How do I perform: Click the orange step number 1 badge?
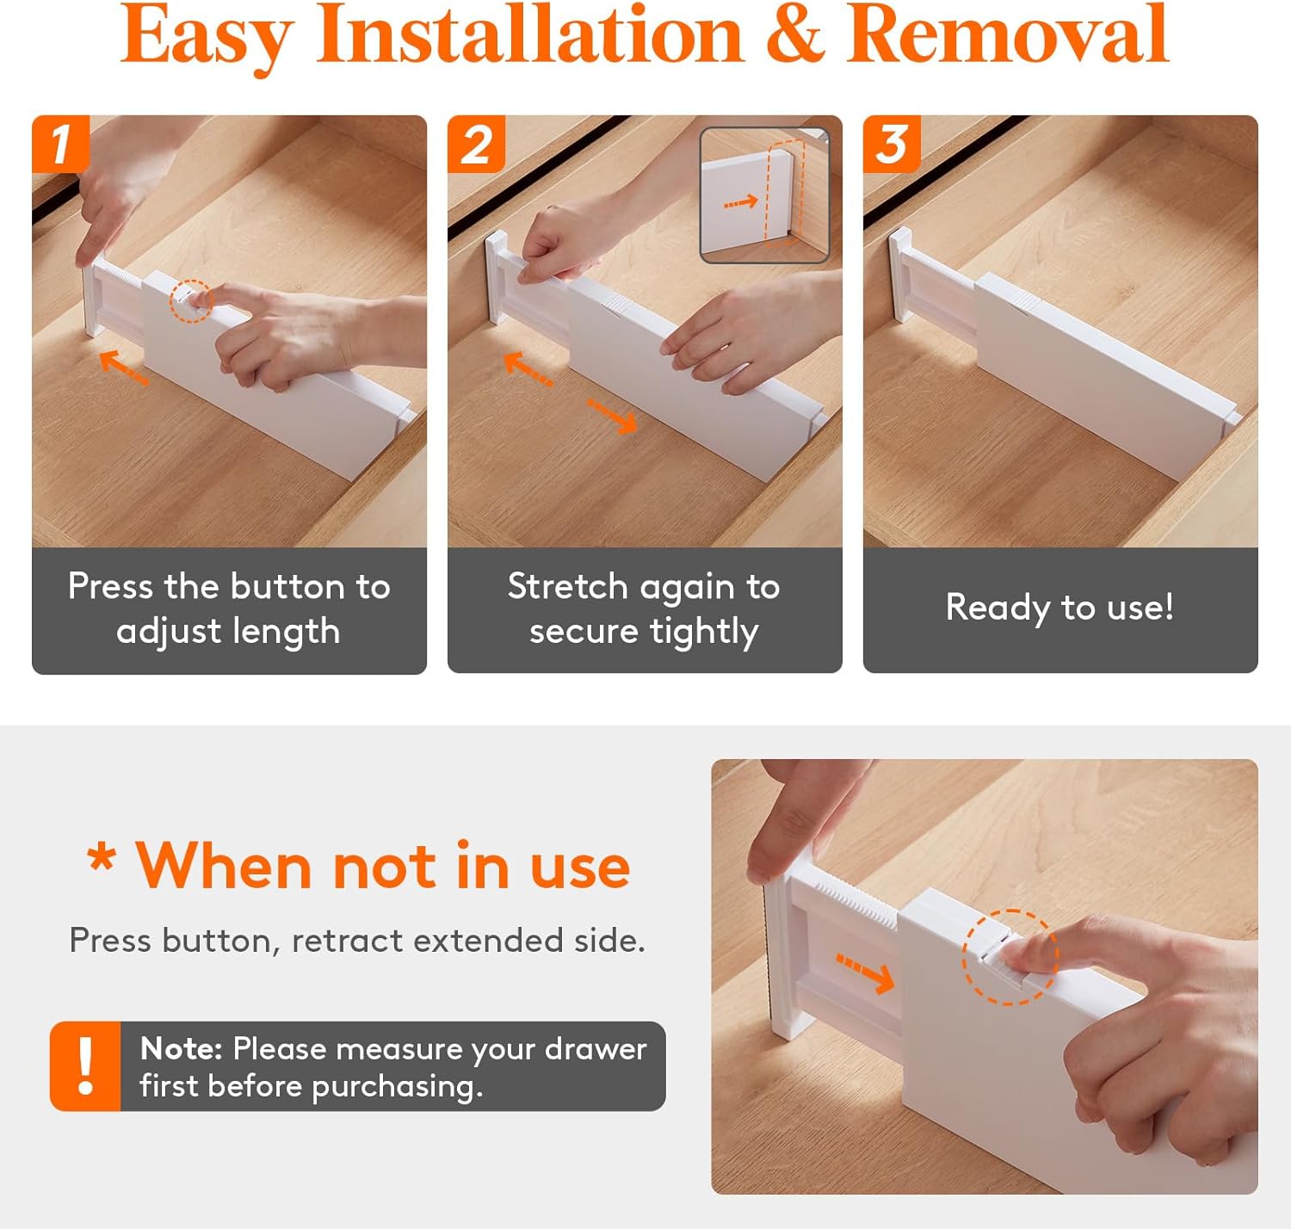click(60, 144)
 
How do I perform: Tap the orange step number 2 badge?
click(476, 144)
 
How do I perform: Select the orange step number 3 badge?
click(892, 144)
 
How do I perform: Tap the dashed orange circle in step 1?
click(191, 301)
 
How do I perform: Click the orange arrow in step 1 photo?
click(123, 367)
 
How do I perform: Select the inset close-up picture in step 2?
click(764, 195)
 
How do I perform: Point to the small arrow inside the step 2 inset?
click(741, 202)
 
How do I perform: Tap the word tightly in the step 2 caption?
click(704, 632)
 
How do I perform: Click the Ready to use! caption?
click(1059, 607)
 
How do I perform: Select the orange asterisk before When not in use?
click(102, 857)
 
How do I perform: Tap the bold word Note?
click(182, 1048)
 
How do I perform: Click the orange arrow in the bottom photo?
click(865, 973)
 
